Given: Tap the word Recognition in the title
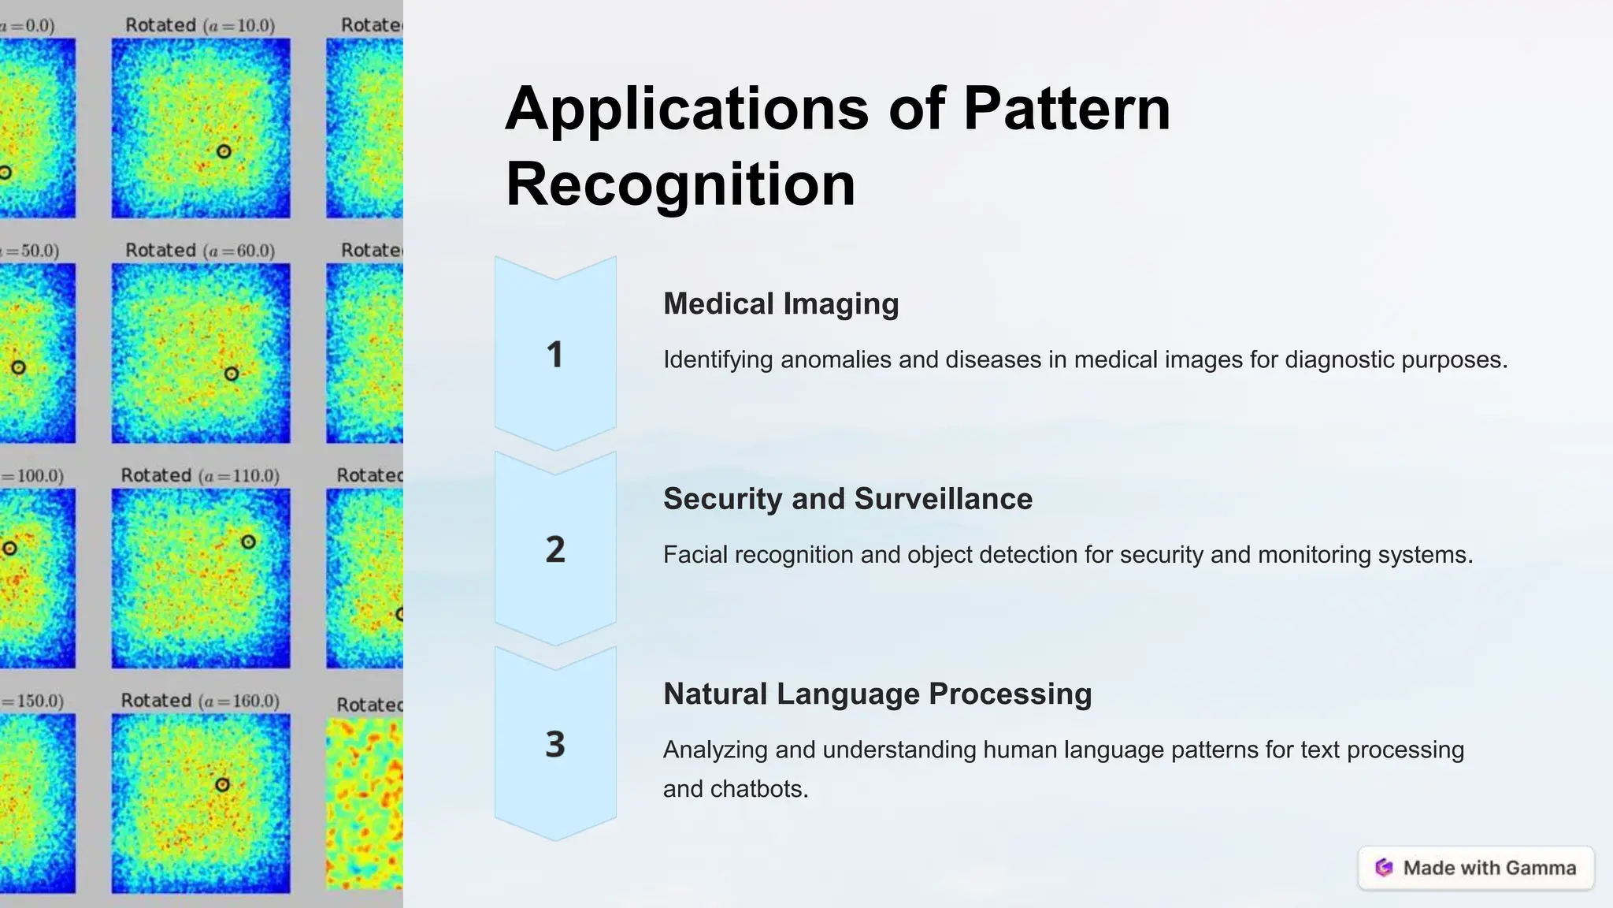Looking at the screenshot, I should (x=680, y=184).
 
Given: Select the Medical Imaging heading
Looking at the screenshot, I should (x=781, y=303).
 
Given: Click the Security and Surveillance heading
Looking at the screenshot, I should (x=847, y=499).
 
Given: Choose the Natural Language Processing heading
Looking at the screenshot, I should (x=877, y=694).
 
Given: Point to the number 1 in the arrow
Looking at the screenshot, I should (x=555, y=355).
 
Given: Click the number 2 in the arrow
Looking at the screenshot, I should (x=555, y=549).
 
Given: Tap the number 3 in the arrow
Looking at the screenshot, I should (x=555, y=744).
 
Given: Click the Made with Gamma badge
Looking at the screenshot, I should (x=1476, y=868).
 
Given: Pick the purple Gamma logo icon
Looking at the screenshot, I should (x=1384, y=868).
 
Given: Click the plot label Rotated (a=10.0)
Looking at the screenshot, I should (x=200, y=25).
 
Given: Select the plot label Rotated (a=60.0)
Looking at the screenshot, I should (x=200, y=251).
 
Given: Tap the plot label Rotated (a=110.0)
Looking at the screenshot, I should (x=200, y=476).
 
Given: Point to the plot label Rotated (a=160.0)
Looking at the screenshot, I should (x=200, y=701).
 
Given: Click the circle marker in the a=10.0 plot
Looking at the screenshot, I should (x=224, y=151).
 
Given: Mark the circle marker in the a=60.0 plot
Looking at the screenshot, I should (x=231, y=374).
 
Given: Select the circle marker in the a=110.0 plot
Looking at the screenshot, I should (x=248, y=542).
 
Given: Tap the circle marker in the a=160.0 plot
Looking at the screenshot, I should (x=222, y=784).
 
